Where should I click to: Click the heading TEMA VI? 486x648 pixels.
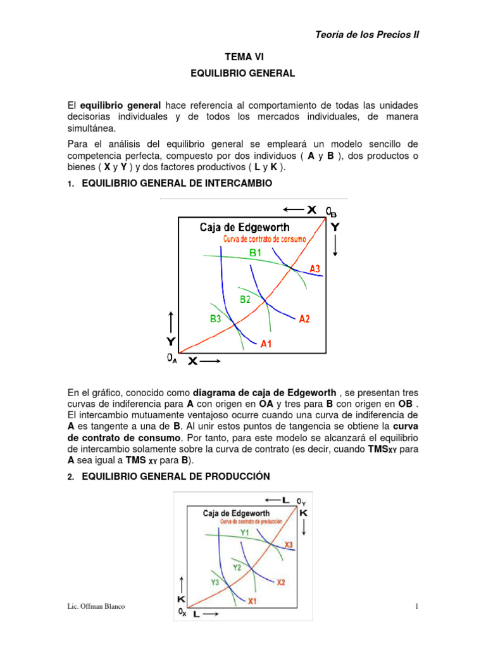[x=243, y=57]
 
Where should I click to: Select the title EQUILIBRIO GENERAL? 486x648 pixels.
[x=243, y=73]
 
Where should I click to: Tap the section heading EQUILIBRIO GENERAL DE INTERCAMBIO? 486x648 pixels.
[x=177, y=184]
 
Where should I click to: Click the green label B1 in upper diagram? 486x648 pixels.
[x=256, y=252]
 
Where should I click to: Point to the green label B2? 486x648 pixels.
[x=245, y=299]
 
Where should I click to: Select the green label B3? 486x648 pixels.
[x=216, y=319]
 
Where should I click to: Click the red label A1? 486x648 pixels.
[x=266, y=345]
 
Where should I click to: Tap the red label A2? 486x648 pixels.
[x=304, y=318]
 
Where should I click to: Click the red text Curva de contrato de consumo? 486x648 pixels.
[x=265, y=239]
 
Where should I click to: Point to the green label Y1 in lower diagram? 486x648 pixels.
[x=246, y=533]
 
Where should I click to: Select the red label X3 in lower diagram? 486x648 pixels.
[x=289, y=544]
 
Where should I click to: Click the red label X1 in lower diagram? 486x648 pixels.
[x=252, y=601]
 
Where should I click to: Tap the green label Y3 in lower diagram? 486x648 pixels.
[x=216, y=582]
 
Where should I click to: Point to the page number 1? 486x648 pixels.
[x=417, y=607]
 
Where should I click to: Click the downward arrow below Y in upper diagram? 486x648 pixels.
[x=335, y=246]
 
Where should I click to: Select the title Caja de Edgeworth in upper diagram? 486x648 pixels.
[x=244, y=227]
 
